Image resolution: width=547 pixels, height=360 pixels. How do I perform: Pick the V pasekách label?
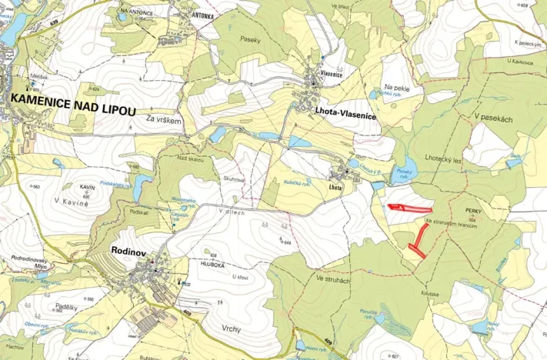493,118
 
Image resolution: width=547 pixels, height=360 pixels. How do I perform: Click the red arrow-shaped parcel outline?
409,207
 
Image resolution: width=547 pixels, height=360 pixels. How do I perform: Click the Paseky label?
251,38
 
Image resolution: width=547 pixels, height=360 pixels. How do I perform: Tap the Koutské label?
429,294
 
